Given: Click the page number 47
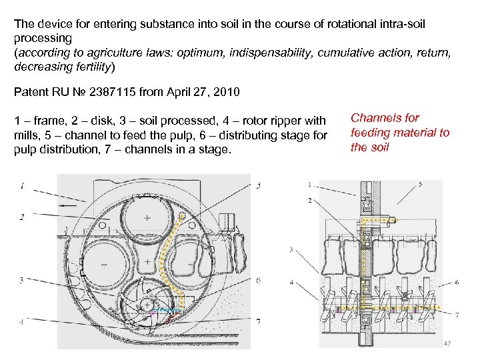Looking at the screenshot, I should click(x=447, y=343).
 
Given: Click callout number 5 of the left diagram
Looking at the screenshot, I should click(x=258, y=185).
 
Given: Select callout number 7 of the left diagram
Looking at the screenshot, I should click(x=258, y=321).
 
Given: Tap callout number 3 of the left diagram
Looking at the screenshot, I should click(x=21, y=280).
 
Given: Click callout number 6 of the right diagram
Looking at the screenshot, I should click(x=457, y=283).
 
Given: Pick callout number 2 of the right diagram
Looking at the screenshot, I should click(x=309, y=200).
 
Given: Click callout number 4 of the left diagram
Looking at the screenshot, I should click(x=21, y=321).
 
